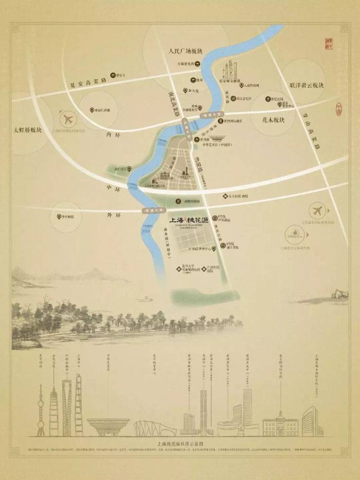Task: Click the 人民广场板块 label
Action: (x=187, y=50)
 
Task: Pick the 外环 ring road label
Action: (x=113, y=214)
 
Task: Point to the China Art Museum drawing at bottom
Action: (x=108, y=426)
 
